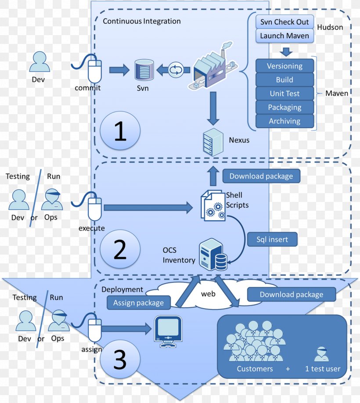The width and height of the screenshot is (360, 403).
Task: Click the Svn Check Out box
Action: pos(284,22)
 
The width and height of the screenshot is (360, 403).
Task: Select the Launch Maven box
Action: pos(284,36)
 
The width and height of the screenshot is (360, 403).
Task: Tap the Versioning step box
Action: pos(284,66)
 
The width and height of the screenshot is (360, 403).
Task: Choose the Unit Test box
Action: pos(284,94)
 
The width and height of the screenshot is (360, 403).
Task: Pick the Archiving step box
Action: pos(284,121)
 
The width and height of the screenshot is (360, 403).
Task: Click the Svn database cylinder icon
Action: pos(144,70)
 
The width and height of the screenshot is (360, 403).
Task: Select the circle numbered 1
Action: pos(120,131)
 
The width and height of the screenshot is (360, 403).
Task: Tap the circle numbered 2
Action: pos(120,249)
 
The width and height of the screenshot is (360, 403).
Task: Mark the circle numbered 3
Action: pos(120,359)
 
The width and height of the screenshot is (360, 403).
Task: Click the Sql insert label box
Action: pos(272,239)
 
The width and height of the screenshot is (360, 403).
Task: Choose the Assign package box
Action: pos(138,302)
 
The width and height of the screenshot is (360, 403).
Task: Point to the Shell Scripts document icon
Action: pos(213,205)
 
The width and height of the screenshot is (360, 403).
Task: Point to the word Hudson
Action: pos(330,27)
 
